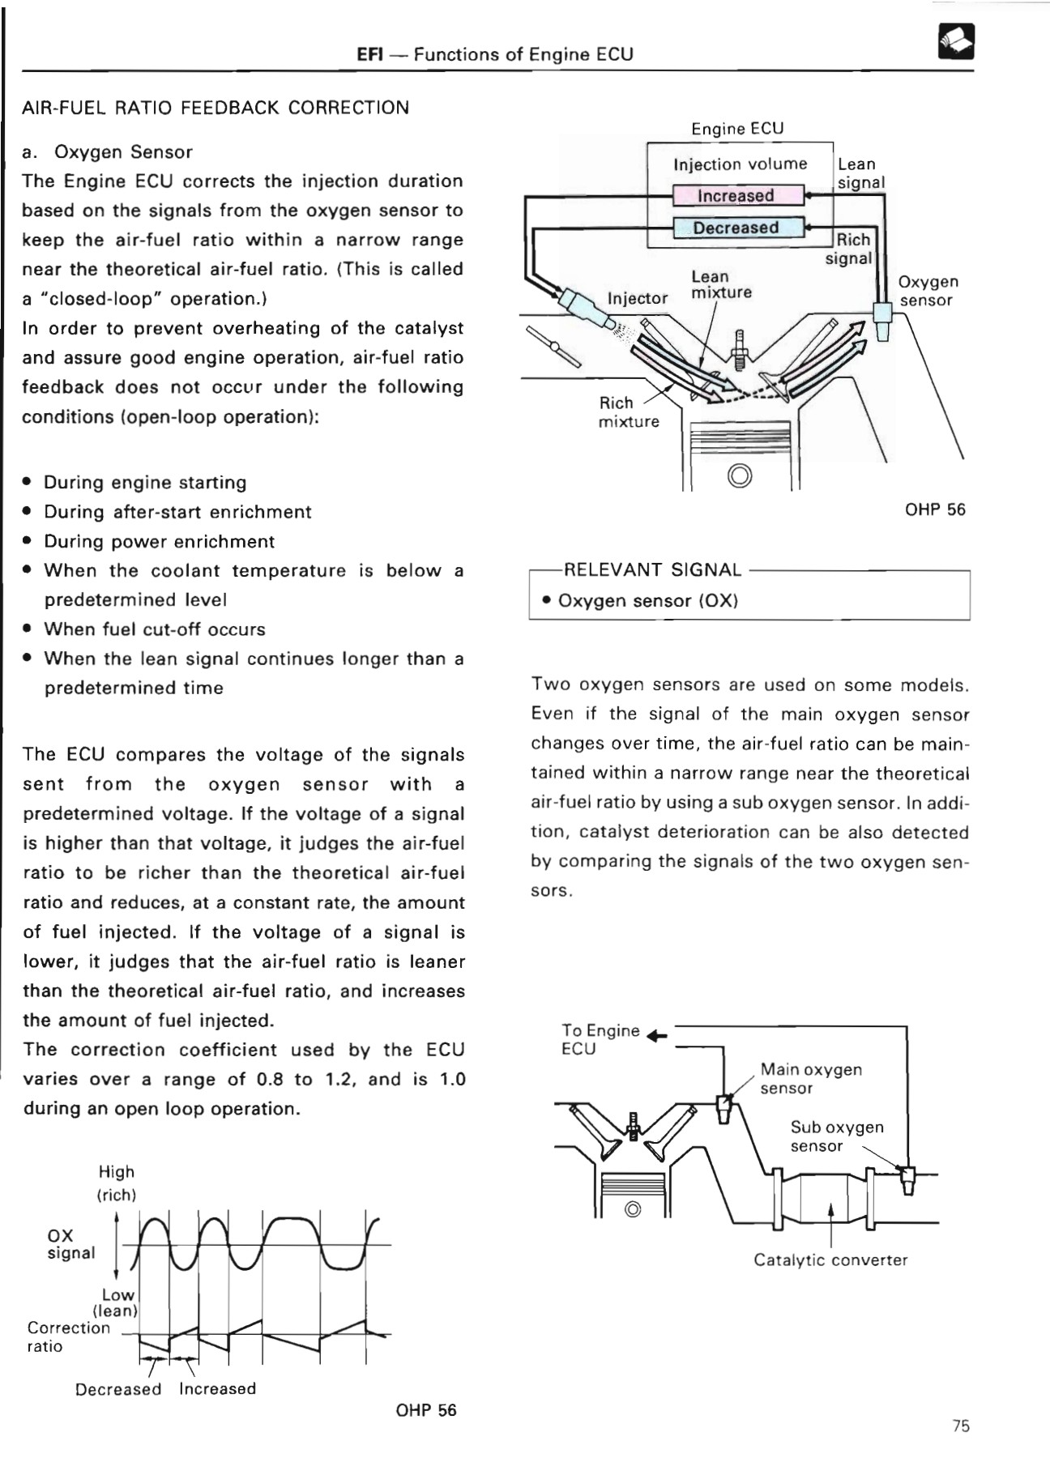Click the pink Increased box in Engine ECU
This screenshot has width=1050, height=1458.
(x=736, y=195)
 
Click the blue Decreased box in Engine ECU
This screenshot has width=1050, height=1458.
(x=736, y=228)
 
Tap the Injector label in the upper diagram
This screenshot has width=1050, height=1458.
(x=638, y=298)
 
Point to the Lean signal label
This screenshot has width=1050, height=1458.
(x=860, y=173)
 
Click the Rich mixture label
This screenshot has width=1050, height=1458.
(x=628, y=411)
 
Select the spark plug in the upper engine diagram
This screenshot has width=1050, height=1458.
(x=739, y=349)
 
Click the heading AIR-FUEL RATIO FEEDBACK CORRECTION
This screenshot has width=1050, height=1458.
(x=216, y=108)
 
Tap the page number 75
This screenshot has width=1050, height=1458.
(x=961, y=1426)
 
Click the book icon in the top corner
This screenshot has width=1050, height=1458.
(x=956, y=41)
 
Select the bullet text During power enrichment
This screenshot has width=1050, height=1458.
(x=159, y=541)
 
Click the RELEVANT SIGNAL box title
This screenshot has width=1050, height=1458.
(x=652, y=569)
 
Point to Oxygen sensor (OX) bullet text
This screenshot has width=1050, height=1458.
(x=647, y=601)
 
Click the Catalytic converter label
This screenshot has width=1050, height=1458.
(x=830, y=1260)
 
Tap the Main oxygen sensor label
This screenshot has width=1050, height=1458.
(x=810, y=1078)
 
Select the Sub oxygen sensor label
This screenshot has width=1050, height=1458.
(x=836, y=1136)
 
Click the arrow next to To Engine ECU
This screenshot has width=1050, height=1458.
(x=657, y=1036)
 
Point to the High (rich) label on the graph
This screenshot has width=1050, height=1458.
(x=117, y=1183)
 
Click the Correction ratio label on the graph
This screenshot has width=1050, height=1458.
(x=68, y=1336)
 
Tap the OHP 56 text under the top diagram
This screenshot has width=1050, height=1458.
(x=935, y=509)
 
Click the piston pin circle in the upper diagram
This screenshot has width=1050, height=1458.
(x=740, y=476)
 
